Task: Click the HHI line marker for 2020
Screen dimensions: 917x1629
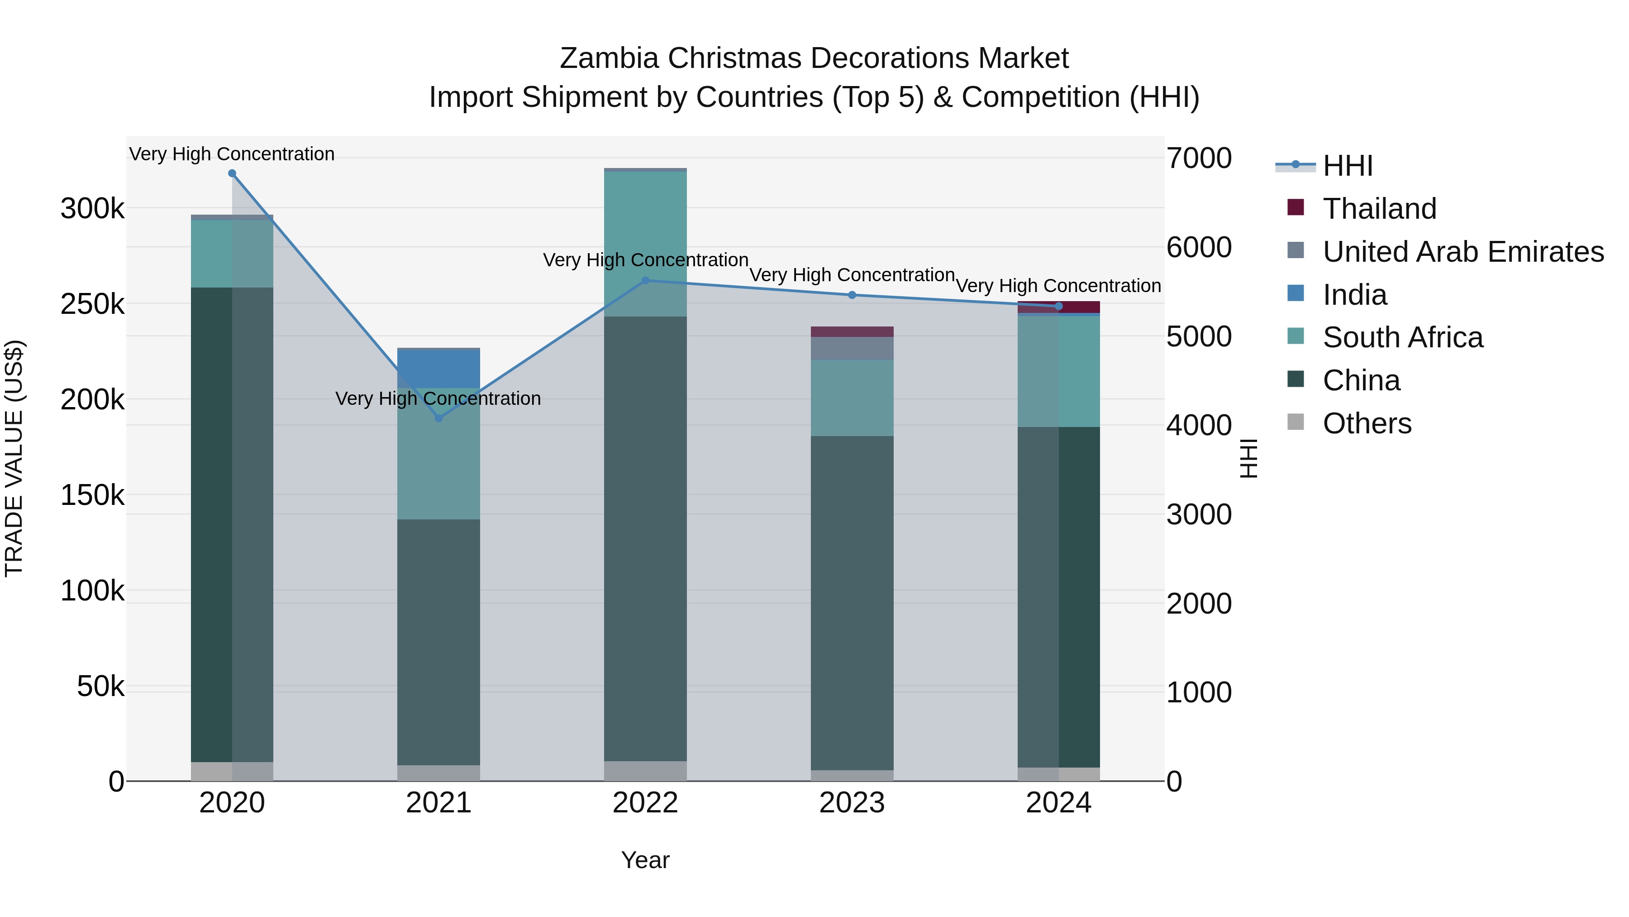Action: point(232,173)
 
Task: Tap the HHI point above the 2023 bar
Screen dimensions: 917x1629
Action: point(852,295)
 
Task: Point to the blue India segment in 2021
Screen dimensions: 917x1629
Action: point(439,368)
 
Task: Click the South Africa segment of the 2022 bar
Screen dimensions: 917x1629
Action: point(645,244)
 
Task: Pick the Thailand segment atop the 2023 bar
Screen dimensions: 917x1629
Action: point(852,331)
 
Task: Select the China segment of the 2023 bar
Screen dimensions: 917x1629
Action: point(852,601)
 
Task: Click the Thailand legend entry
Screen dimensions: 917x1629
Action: point(1379,209)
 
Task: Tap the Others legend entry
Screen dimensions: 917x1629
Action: point(1367,423)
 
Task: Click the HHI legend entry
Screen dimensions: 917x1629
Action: point(1348,166)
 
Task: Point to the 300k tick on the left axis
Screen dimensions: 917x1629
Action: point(92,209)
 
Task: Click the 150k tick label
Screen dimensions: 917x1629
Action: point(92,495)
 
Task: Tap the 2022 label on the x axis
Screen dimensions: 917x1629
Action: point(645,803)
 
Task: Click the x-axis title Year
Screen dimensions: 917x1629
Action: point(645,860)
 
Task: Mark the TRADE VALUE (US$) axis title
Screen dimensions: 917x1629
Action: point(14,458)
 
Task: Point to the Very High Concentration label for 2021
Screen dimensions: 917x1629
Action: point(438,398)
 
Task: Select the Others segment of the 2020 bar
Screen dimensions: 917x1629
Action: point(232,772)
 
